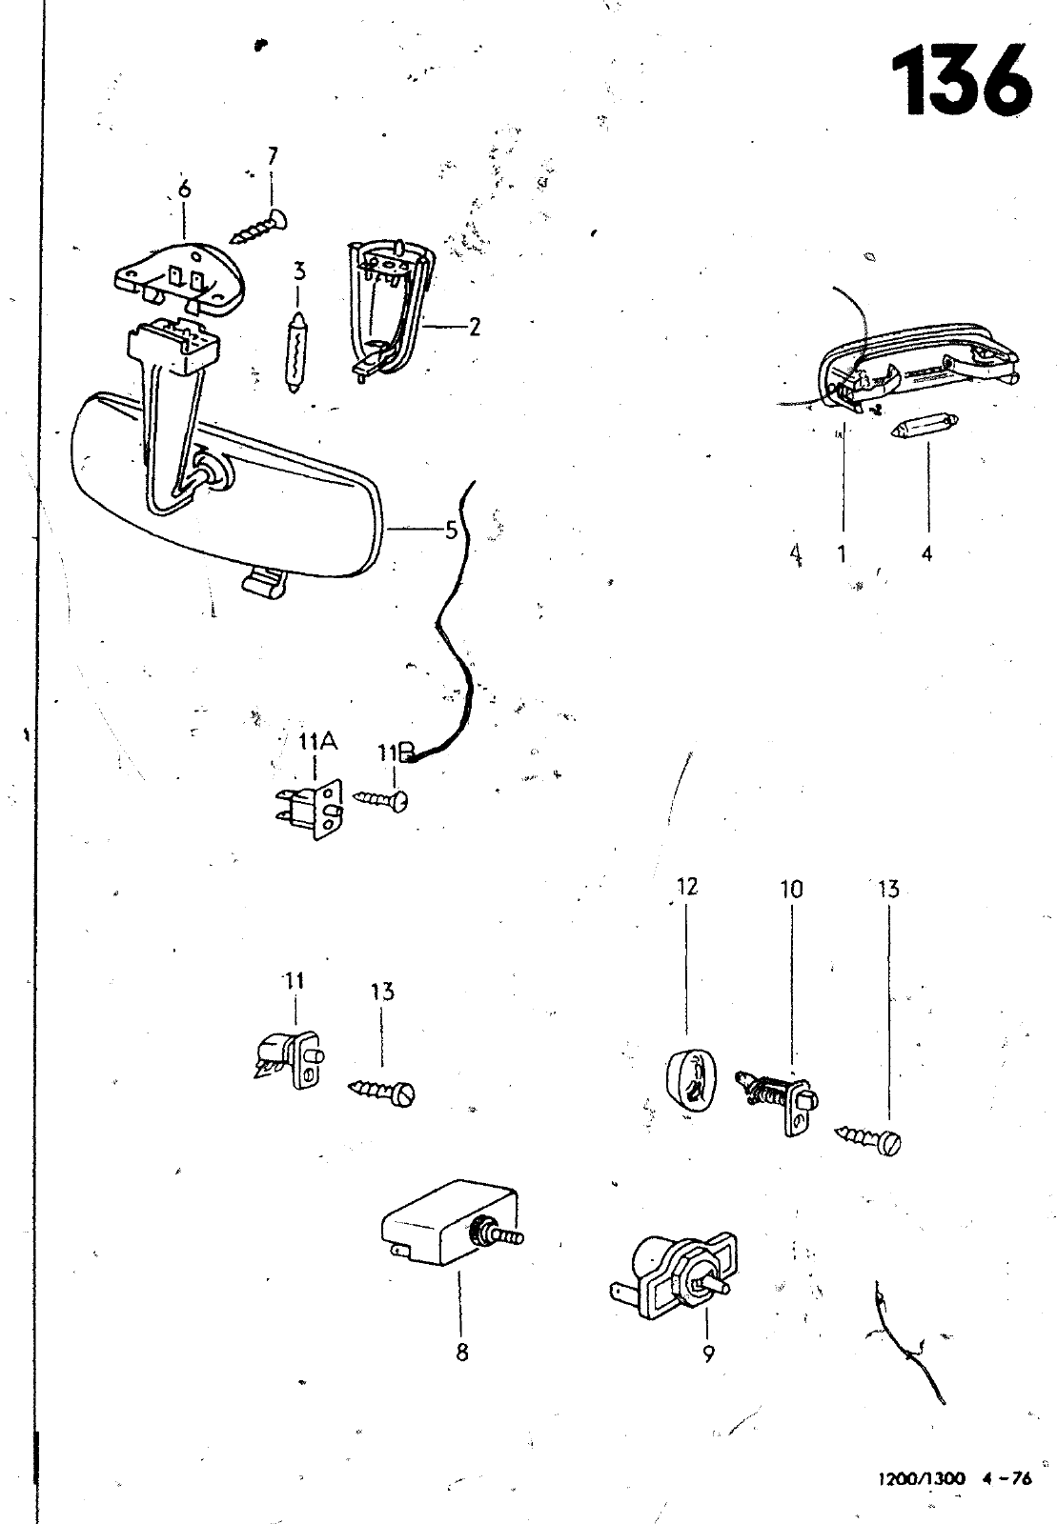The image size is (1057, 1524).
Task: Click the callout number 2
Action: pos(474,328)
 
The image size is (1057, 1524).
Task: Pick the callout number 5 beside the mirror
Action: pos(451,530)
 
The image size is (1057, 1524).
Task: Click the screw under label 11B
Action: pos(381,799)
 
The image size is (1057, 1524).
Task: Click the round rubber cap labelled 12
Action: pos(687,1078)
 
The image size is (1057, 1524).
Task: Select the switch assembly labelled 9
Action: pos(672,1277)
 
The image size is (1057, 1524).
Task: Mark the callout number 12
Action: pos(686,887)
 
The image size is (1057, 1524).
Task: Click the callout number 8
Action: pos(462,1353)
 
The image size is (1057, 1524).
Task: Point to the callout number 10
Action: pos(791,890)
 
